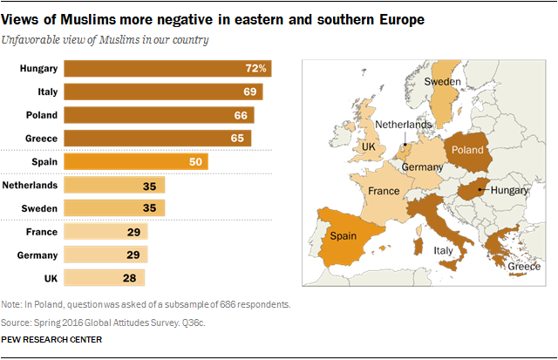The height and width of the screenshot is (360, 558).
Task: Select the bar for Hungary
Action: point(166,69)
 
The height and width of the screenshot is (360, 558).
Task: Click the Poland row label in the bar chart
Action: point(42,115)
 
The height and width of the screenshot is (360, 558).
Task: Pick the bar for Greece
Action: point(157,138)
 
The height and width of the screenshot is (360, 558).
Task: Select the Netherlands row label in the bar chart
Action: point(31,185)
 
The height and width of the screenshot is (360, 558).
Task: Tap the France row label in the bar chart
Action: point(42,232)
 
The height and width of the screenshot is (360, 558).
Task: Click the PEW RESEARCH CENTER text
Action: point(52,340)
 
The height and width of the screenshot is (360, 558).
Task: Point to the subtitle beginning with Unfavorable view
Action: point(109,40)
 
